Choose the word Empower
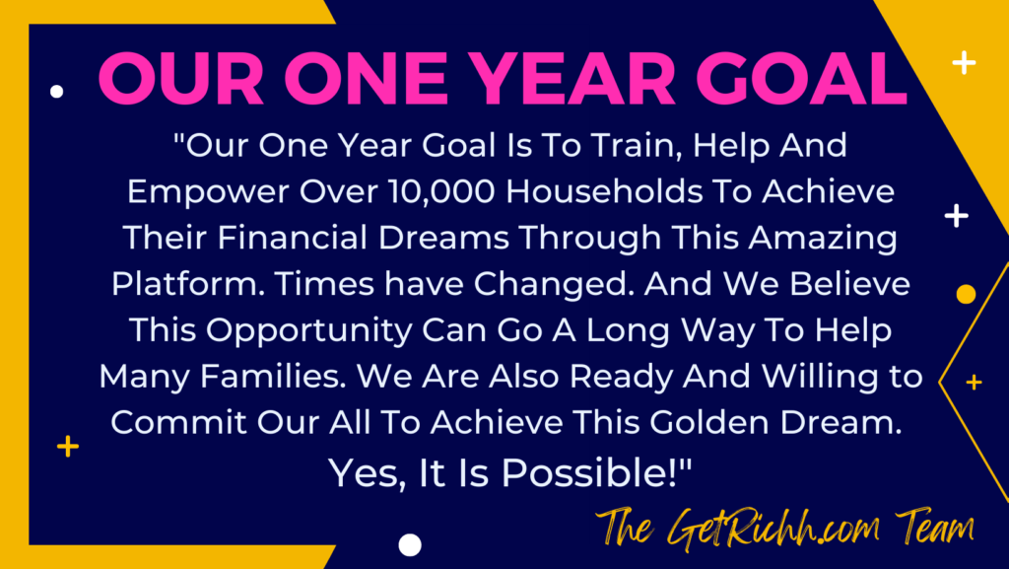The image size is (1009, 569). point(208,193)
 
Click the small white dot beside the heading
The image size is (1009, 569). point(56,92)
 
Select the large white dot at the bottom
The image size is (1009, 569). point(410,545)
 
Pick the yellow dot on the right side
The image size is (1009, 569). point(966,294)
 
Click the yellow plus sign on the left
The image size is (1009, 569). point(68,446)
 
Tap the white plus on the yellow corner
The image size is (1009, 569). point(964,62)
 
